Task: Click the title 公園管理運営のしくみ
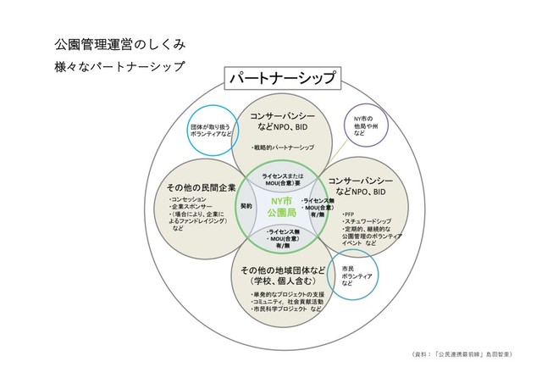click(114, 42)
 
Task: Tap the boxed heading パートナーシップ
click(279, 81)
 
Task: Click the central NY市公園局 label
click(281, 204)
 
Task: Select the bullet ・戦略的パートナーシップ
click(283, 147)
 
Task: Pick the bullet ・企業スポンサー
click(194, 207)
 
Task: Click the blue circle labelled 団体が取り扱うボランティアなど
click(212, 129)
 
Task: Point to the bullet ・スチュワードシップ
click(366, 223)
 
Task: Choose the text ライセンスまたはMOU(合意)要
click(283, 179)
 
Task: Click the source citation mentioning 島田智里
click(468, 351)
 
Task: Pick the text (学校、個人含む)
click(282, 281)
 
